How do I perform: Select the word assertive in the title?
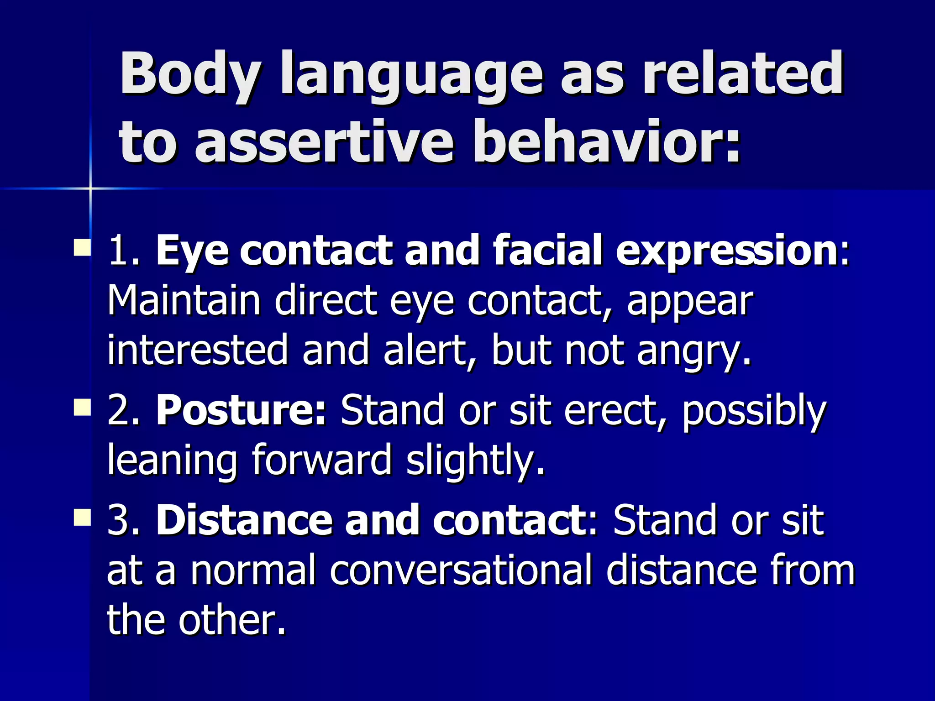point(324,142)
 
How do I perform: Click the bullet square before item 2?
point(82,406)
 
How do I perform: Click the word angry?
point(693,352)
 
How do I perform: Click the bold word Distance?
point(244,520)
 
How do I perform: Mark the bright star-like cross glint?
point(90,188)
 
